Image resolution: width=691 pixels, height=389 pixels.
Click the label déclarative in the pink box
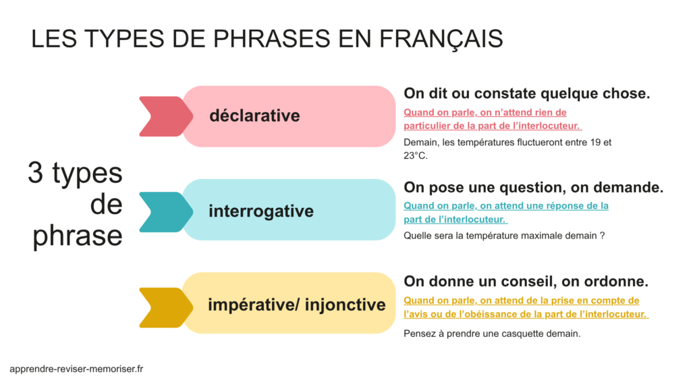pos(254,115)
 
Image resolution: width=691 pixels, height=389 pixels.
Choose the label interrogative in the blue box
pos(261,211)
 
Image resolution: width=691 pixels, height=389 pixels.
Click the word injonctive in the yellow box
pos(345,305)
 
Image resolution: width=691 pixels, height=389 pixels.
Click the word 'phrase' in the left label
pos(78,236)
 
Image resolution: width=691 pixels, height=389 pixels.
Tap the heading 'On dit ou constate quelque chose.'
pos(526,94)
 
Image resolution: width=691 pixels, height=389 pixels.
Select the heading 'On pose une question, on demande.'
pos(533,187)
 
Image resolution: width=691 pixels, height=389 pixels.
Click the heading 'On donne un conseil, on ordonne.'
pos(526,281)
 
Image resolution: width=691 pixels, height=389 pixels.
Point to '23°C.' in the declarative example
pos(416,155)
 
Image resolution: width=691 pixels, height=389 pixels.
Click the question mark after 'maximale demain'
pos(601,236)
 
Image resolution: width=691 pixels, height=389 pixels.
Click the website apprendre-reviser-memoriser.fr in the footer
pos(76,369)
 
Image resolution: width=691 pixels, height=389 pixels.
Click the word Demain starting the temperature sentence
pos(420,142)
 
